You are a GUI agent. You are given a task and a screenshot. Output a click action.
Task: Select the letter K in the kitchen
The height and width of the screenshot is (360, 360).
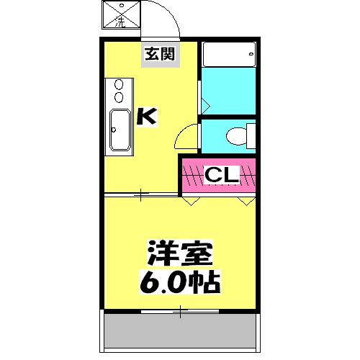(x=146, y=115)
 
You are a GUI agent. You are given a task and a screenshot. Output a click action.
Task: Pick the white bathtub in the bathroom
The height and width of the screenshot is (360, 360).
(x=228, y=54)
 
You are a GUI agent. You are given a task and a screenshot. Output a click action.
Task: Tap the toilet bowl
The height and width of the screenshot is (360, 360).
(x=235, y=135)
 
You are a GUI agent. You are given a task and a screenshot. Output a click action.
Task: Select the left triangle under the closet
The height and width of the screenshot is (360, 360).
(x=189, y=202)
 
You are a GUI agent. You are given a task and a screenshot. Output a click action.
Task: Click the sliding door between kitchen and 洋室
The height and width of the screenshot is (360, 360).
(x=141, y=193)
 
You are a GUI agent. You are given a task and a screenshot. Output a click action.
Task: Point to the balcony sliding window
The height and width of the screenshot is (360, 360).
(x=180, y=312)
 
